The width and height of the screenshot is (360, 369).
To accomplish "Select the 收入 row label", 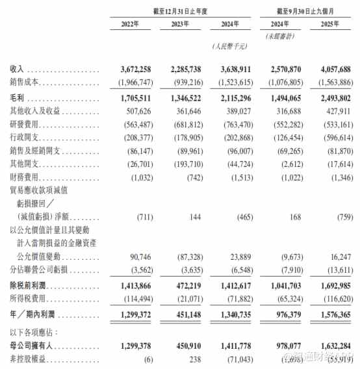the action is (x=18, y=68).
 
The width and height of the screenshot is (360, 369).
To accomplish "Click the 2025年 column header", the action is (x=333, y=25).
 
